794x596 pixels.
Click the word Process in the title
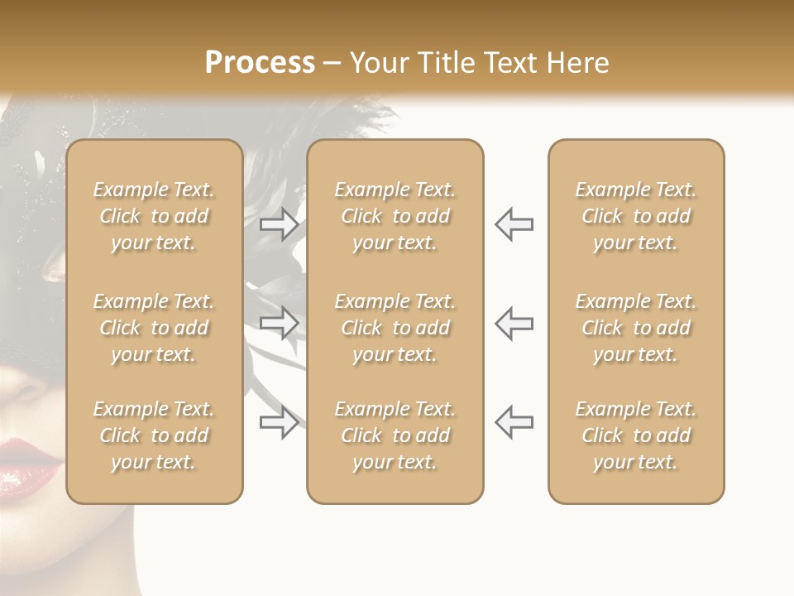(x=260, y=63)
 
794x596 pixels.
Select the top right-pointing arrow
(x=280, y=224)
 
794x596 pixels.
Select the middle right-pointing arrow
(x=280, y=322)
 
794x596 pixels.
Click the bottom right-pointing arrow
(x=280, y=421)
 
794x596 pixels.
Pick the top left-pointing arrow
(x=514, y=224)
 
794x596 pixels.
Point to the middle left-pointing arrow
(x=514, y=322)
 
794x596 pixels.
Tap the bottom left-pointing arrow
(x=514, y=421)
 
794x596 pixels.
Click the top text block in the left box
(x=154, y=216)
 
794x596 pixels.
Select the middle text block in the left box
(x=154, y=328)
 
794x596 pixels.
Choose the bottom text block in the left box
(x=154, y=435)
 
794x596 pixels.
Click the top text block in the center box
(x=395, y=216)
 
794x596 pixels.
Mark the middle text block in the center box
(x=395, y=328)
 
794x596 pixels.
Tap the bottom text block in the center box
(x=395, y=435)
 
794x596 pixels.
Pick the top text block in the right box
(x=635, y=216)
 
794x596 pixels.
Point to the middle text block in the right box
(x=635, y=328)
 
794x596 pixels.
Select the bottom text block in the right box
(x=635, y=435)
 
